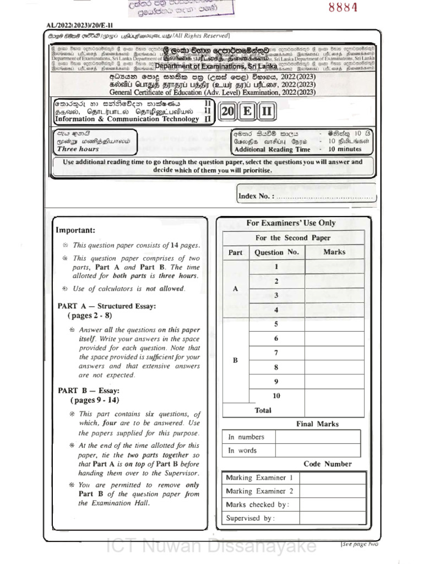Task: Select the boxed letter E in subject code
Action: [x=247, y=112]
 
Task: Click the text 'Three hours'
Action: [x=78, y=149]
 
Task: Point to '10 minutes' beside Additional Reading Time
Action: [x=345, y=149]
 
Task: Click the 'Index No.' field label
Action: [x=256, y=197]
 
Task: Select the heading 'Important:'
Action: [x=75, y=230]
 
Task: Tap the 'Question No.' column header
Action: [x=276, y=252]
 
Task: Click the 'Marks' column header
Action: [x=334, y=252]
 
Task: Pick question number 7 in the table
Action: [x=276, y=353]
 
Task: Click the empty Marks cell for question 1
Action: [x=334, y=267]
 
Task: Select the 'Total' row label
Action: [x=263, y=410]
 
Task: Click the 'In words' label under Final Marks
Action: [x=243, y=451]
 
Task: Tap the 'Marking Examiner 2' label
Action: [x=259, y=491]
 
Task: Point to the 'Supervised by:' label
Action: [x=250, y=518]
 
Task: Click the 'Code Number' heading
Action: [x=328, y=464]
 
